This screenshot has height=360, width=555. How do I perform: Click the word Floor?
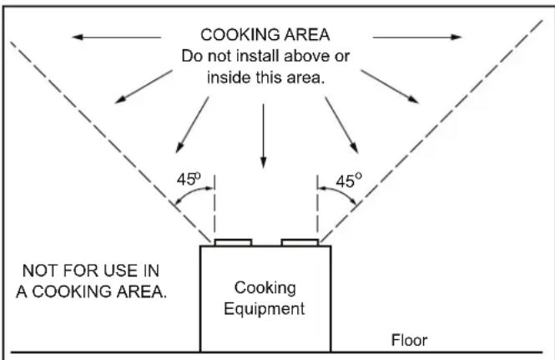point(409,340)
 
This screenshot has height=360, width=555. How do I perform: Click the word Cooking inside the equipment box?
point(265,288)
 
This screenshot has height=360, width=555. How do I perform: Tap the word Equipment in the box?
point(264,308)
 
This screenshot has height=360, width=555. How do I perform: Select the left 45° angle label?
point(189,179)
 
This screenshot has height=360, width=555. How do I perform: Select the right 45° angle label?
point(349,180)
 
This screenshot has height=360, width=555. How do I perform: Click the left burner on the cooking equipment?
point(233,242)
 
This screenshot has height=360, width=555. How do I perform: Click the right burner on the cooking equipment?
point(300,242)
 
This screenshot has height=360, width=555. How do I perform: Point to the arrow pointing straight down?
point(263,136)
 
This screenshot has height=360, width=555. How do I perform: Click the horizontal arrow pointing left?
point(117,37)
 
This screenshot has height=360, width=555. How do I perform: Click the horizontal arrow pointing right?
point(417,37)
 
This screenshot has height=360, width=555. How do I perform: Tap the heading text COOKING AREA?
point(265,35)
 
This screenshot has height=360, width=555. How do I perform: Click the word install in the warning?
point(258,56)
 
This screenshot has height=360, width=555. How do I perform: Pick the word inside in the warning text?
point(230,77)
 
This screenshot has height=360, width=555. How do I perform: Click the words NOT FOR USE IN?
point(91,271)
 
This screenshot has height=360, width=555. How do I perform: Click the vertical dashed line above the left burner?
point(214,206)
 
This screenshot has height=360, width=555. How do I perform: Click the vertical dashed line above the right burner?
point(317,206)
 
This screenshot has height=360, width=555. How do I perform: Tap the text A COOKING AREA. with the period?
point(91,292)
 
